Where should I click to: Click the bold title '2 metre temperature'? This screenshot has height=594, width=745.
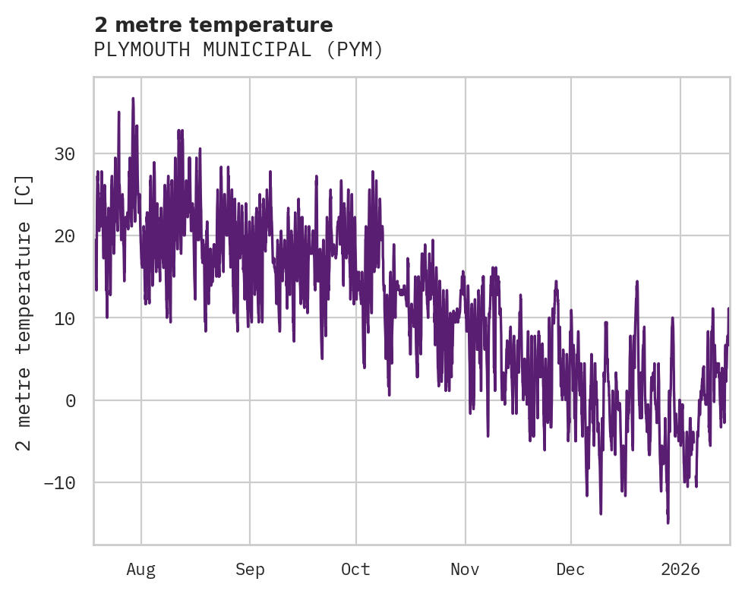tap(213, 25)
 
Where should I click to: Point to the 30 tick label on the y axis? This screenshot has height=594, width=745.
tap(65, 154)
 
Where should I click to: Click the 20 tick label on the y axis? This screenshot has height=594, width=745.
tap(65, 236)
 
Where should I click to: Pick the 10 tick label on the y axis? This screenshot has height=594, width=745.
tap(65, 318)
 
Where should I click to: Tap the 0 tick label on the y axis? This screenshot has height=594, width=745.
tap(70, 400)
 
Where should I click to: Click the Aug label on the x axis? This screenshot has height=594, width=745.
tap(141, 569)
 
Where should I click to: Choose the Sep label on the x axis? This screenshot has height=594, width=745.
tap(250, 569)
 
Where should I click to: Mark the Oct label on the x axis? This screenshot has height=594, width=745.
tap(355, 569)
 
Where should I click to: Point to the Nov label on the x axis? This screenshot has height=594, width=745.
tap(465, 569)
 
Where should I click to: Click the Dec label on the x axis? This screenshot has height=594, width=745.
tap(570, 569)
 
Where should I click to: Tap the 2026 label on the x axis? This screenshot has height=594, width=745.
tap(680, 569)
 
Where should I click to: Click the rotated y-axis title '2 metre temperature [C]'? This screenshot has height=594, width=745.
tap(25, 312)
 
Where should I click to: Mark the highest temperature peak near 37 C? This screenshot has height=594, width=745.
tap(133, 99)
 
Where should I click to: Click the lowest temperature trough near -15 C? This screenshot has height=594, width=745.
tap(668, 522)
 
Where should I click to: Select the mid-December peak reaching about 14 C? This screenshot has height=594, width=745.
tap(636, 282)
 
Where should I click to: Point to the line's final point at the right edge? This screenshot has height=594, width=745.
tap(728, 309)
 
